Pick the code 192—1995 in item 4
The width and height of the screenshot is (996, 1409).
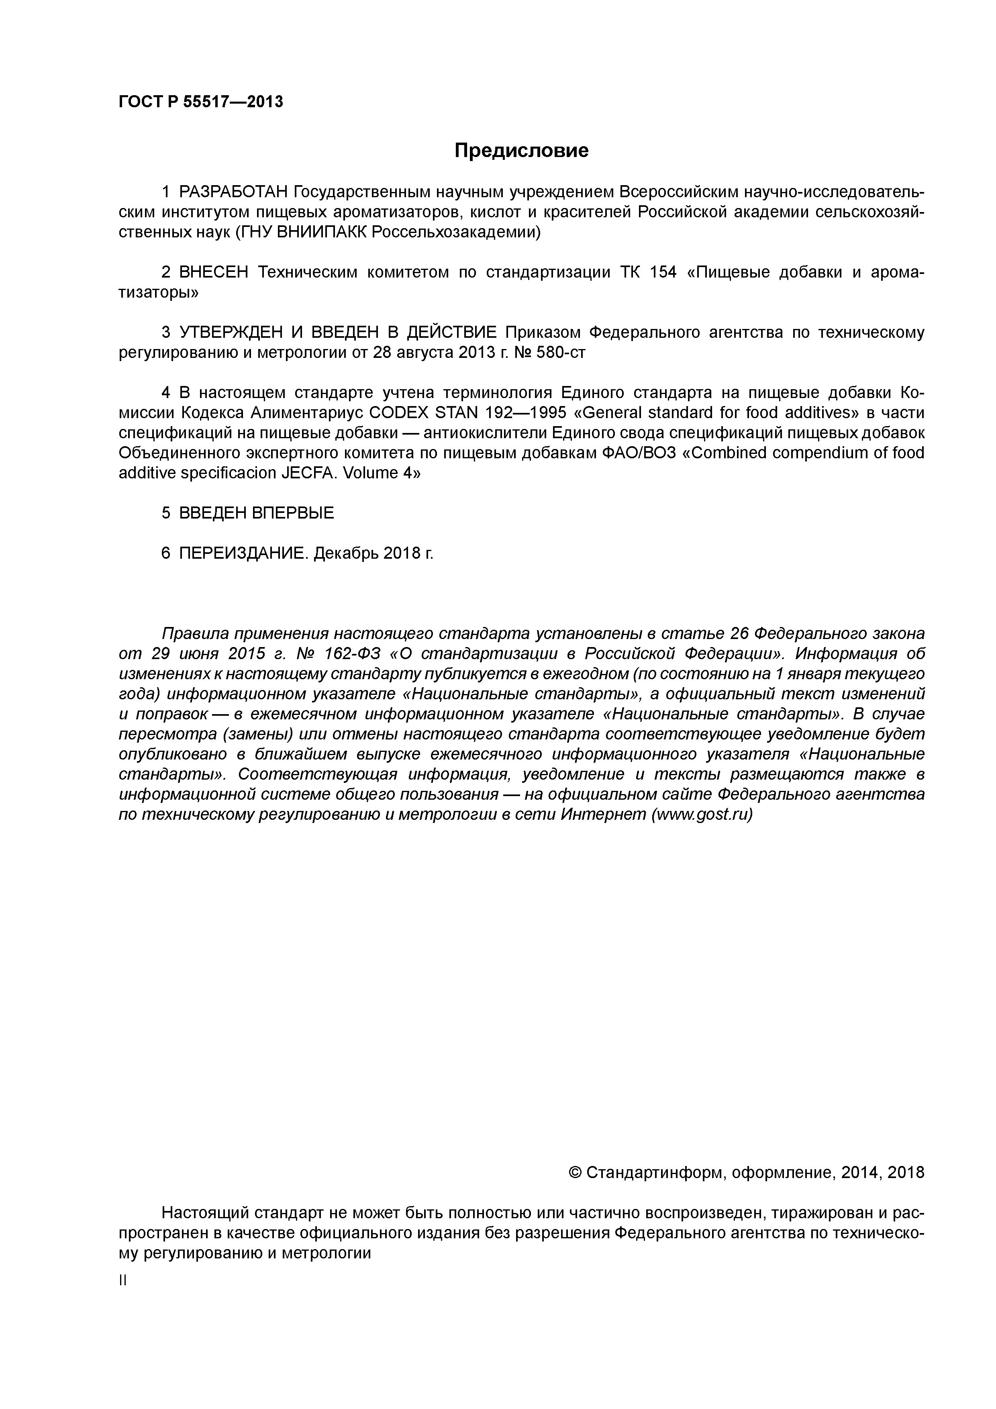pos(526,413)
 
